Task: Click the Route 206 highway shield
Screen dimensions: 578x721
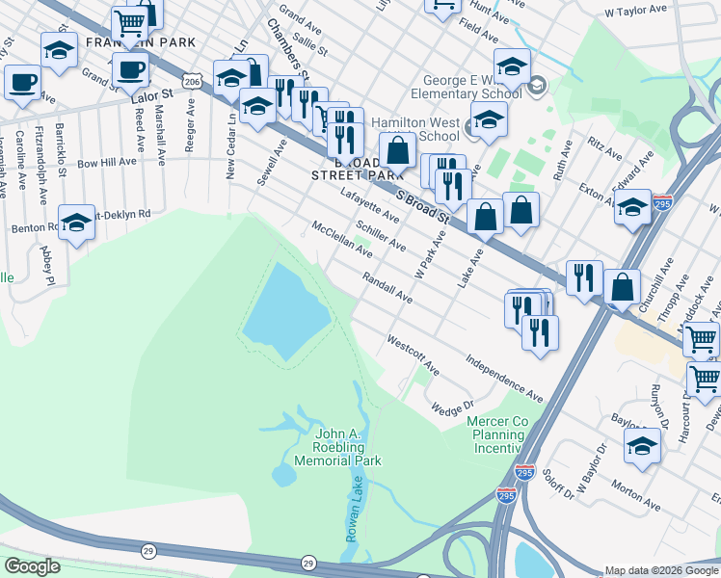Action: (x=195, y=83)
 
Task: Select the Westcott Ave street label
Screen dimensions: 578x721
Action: (x=414, y=355)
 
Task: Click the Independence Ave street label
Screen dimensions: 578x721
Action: (x=504, y=378)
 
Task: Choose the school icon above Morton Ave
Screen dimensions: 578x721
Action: (x=642, y=445)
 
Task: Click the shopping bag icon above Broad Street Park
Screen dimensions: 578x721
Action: (x=396, y=150)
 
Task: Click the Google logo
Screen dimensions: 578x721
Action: (x=32, y=566)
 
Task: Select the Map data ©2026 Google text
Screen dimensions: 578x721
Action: (x=660, y=570)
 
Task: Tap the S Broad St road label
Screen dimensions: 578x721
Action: (x=424, y=206)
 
